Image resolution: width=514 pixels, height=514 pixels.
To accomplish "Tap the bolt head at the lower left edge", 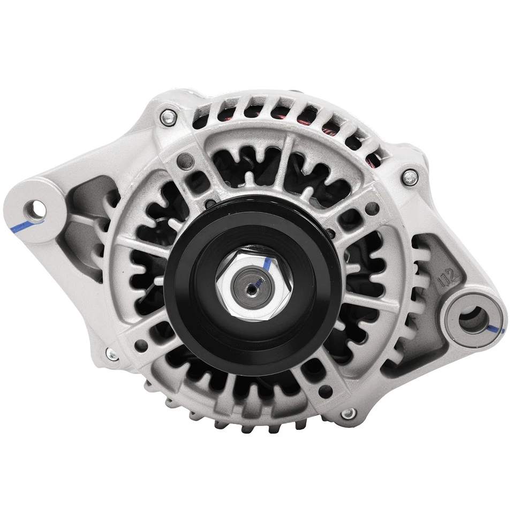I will (112, 354).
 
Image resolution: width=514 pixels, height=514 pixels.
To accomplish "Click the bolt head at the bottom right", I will (348, 413).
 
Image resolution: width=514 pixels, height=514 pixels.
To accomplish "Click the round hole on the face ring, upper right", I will (375, 208).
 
